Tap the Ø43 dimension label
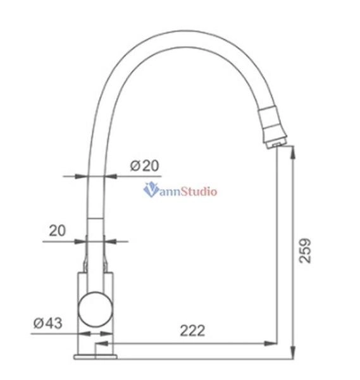tap(47, 324)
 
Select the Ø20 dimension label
tap(145, 166)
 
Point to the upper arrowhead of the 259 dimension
tap(292, 149)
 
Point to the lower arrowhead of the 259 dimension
tap(292, 352)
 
